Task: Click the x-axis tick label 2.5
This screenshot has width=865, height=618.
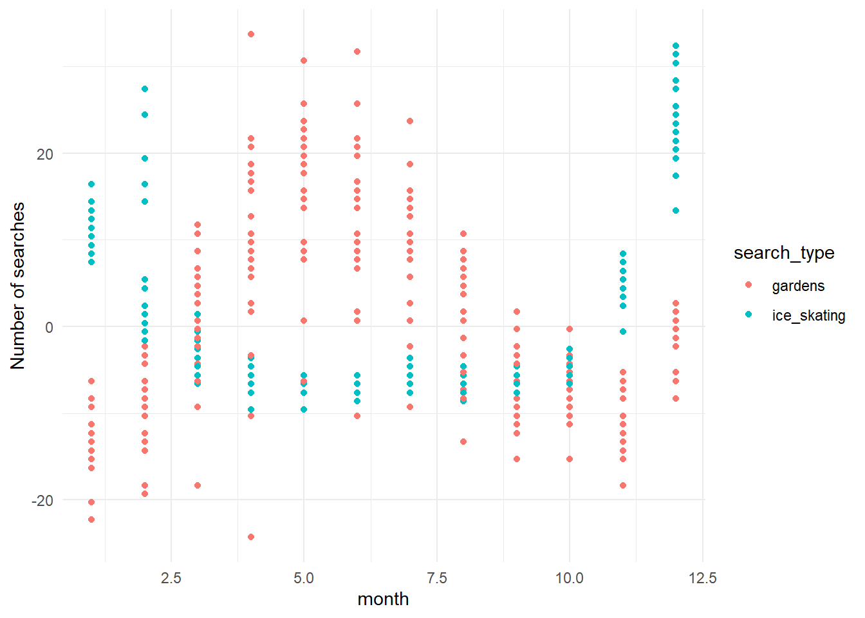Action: [171, 578]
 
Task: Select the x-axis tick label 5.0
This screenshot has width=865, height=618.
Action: [304, 578]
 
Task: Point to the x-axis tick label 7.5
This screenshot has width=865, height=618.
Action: [436, 578]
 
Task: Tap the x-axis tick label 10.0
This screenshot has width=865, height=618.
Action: [570, 578]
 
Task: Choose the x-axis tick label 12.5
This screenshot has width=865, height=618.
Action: [702, 578]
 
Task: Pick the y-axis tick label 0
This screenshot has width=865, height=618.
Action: [50, 327]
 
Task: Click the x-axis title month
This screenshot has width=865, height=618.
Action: [383, 599]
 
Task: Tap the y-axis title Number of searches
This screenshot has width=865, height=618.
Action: [18, 286]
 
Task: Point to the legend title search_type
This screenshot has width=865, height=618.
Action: [784, 253]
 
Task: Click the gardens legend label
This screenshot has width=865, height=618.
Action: [798, 286]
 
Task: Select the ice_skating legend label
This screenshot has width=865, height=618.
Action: [808, 315]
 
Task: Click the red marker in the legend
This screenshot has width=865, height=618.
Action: [749, 285]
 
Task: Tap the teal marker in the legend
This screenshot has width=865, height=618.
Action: [749, 314]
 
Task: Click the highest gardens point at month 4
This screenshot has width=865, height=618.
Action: [251, 34]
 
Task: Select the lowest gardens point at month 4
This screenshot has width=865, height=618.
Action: [251, 537]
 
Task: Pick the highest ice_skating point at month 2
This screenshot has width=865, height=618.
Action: [145, 89]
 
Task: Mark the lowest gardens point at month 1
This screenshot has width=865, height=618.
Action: [91, 520]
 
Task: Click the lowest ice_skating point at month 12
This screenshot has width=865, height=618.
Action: [676, 211]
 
